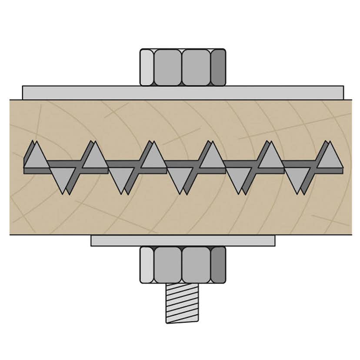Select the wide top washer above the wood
(x=183, y=93)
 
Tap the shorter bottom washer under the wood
(x=183, y=240)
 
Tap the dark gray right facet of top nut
(x=218, y=67)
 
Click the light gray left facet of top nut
(x=147, y=67)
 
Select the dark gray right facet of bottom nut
(x=218, y=265)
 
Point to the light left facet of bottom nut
(x=147, y=265)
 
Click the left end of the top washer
(x=26, y=93)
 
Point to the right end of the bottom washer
(x=271, y=240)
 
